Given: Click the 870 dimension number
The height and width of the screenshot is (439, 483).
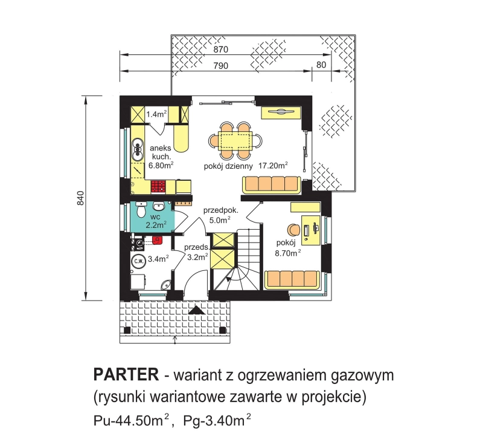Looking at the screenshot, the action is [220, 50].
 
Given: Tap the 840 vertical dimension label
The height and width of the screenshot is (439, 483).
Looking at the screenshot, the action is [80, 198].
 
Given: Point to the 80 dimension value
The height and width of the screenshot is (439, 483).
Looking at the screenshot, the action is [321, 65].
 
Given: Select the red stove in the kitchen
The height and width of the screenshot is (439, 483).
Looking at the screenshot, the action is [158, 187].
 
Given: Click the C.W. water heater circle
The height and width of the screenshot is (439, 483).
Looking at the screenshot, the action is [138, 261].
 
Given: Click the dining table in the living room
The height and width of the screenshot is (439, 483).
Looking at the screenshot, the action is [235, 141].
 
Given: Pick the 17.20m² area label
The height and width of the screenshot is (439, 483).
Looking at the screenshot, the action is [273, 165].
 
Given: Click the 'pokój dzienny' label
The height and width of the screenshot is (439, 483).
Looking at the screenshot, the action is [228, 167].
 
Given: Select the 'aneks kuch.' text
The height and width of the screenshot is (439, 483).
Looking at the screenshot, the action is [160, 152].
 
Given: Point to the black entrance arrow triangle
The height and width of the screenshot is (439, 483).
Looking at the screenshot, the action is [196, 310].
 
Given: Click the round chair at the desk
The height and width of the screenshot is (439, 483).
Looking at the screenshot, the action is [293, 230].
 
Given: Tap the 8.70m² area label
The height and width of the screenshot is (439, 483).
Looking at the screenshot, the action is [288, 253].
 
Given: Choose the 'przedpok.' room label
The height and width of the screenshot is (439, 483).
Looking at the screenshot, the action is [220, 211].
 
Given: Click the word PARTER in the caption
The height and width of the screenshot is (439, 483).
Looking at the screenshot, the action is [126, 374].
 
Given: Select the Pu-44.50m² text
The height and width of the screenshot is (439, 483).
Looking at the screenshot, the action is [132, 420].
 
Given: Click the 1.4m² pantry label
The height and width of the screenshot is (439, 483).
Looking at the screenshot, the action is [157, 114].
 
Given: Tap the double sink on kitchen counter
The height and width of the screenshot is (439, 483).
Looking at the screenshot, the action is [137, 149].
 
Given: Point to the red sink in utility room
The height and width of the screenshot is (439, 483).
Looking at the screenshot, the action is [157, 239].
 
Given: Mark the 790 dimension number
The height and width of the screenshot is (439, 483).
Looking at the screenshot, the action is [220, 66].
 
